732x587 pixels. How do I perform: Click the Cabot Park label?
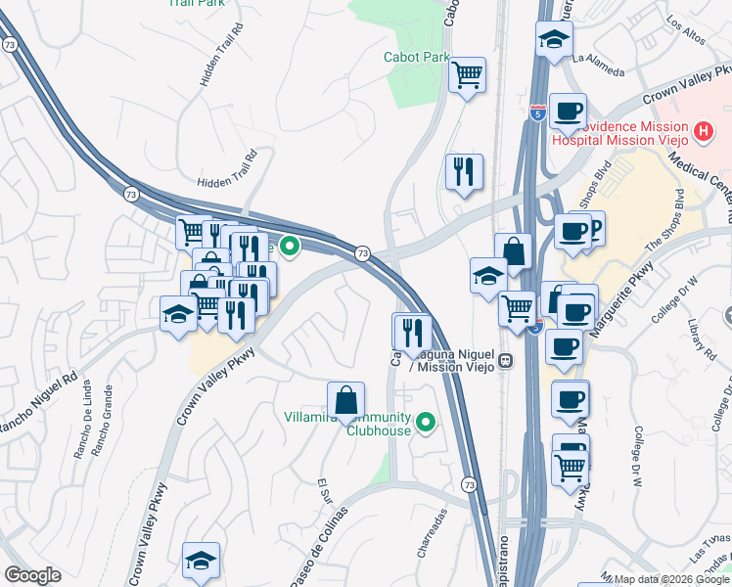point(416,57)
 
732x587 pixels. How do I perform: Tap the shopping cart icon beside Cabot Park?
point(468,73)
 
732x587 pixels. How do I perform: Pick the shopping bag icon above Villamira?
point(345,400)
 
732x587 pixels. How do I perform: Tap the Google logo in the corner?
point(32,575)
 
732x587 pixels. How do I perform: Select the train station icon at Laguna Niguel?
point(506,359)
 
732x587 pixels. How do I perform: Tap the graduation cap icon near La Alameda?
point(554,40)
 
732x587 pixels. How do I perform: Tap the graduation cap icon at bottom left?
point(201,561)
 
